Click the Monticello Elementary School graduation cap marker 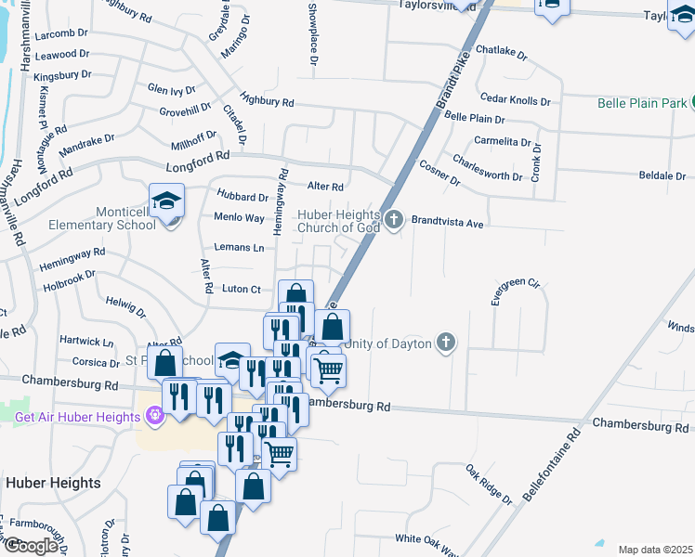pyautogui.click(x=166, y=201)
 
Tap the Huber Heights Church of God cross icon pyautogui.click(x=394, y=220)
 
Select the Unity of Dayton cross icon pyautogui.click(x=446, y=343)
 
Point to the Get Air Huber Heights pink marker pyautogui.click(x=155, y=416)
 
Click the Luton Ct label pyautogui.click(x=241, y=290)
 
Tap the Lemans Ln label pyautogui.click(x=239, y=248)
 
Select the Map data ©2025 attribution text pyautogui.click(x=655, y=550)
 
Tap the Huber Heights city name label pyautogui.click(x=53, y=483)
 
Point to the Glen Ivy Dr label pyautogui.click(x=171, y=90)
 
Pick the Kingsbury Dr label pyautogui.click(x=61, y=73)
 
